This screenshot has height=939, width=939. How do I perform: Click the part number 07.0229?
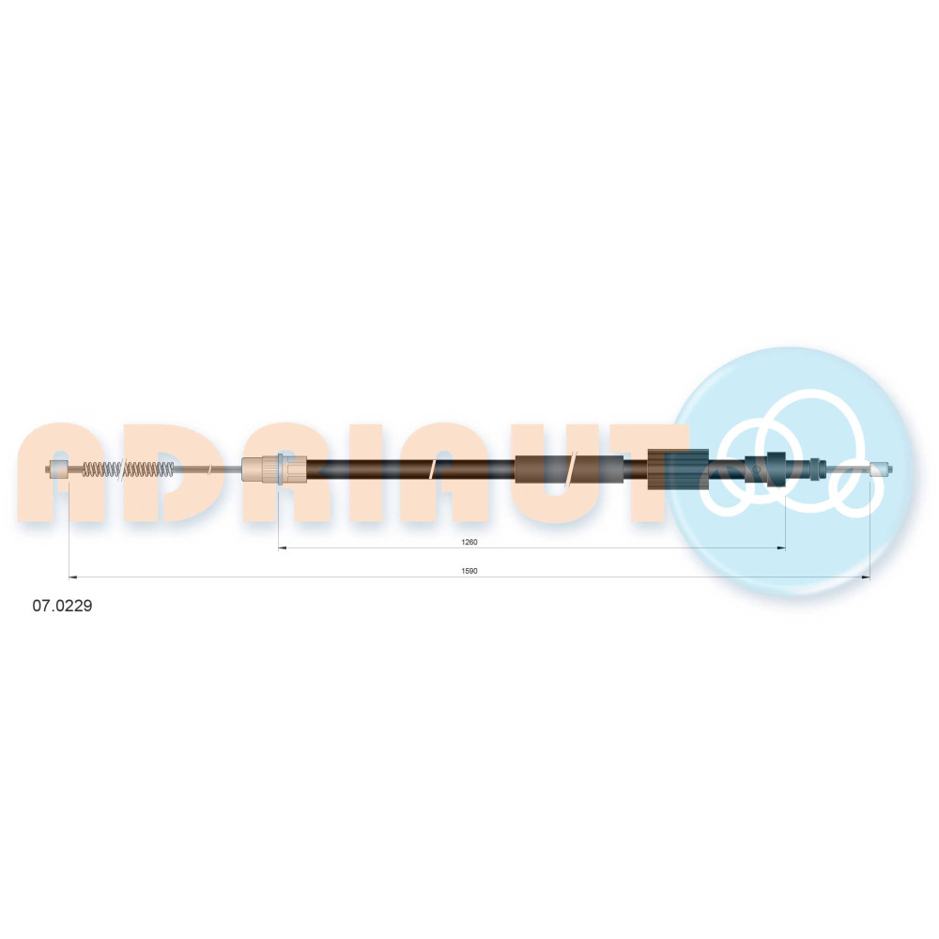pyautogui.click(x=62, y=606)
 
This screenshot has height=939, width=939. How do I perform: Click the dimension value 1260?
pyautogui.click(x=469, y=542)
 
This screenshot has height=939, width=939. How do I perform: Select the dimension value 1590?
pyautogui.click(x=469, y=571)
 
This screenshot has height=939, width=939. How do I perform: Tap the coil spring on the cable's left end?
pyautogui.click(x=128, y=469)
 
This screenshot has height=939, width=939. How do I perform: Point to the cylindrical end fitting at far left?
pyautogui.click(x=57, y=469)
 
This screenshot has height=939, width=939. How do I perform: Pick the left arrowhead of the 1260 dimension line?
pyautogui.click(x=283, y=547)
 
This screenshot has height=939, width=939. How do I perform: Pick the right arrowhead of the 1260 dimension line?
pyautogui.click(x=781, y=547)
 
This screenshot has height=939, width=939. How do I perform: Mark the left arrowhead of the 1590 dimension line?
pyautogui.click(x=73, y=577)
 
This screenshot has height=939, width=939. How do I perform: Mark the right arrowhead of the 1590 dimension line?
pyautogui.click(x=866, y=577)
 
